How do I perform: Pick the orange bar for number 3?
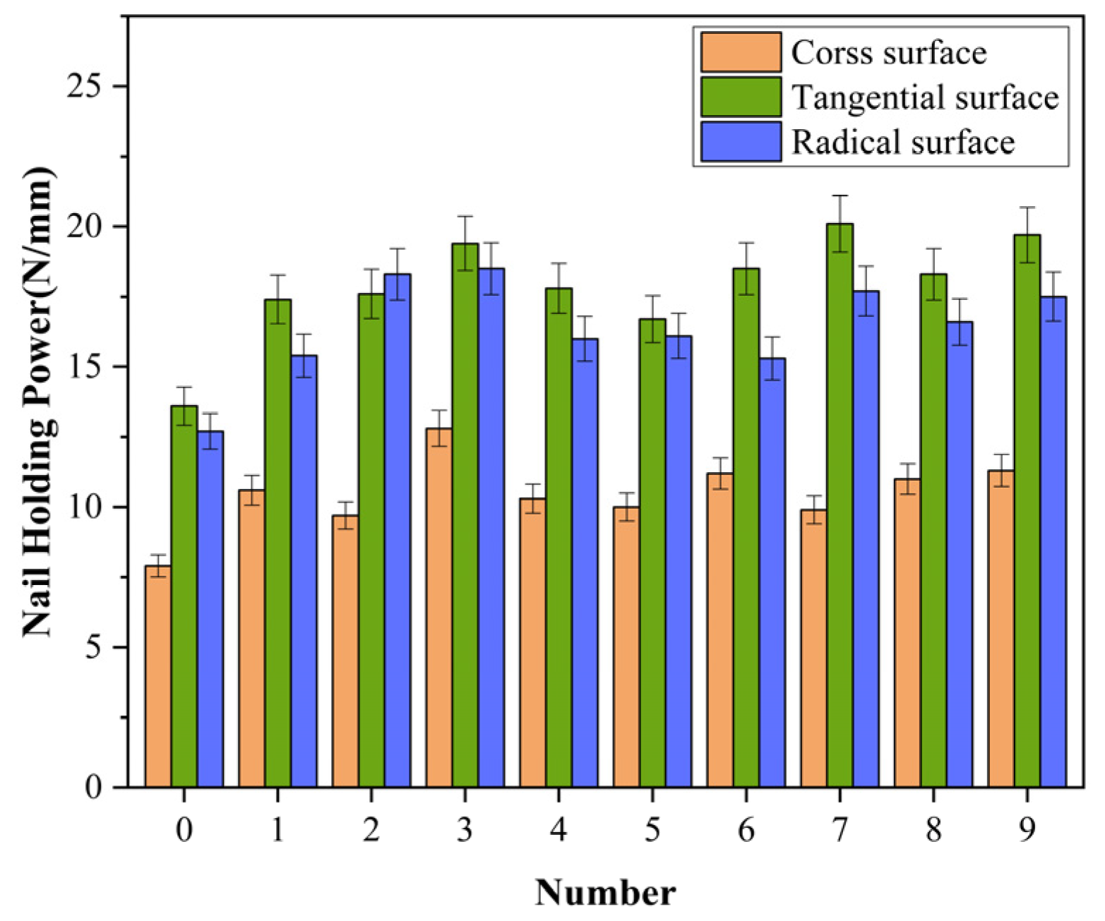point(439,608)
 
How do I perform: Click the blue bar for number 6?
point(772,572)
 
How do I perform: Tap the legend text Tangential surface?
point(925,97)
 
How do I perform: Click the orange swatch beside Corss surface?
point(741,52)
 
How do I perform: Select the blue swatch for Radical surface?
point(741,142)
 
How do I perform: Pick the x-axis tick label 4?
point(558,830)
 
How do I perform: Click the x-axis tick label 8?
point(933,830)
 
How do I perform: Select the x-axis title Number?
point(605,893)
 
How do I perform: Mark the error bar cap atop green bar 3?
point(465,217)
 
